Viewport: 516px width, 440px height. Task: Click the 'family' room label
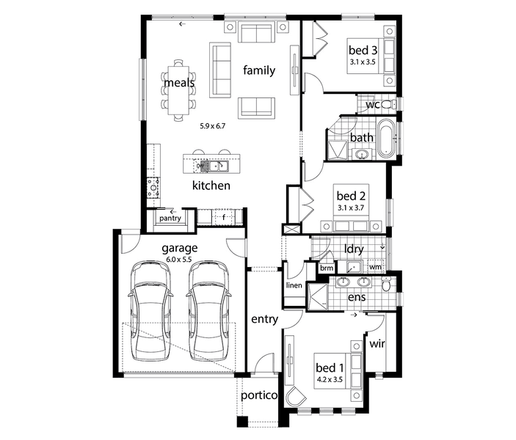[x=259, y=70]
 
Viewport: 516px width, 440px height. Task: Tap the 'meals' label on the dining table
[x=179, y=83]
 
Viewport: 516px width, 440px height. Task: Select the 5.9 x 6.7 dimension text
[x=213, y=126]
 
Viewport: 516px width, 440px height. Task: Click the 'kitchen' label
[x=211, y=186]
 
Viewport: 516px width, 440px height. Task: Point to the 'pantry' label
[x=170, y=219]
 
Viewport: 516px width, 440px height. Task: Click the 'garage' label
[x=180, y=249]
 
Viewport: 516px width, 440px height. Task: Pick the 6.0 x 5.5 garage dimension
[x=178, y=260]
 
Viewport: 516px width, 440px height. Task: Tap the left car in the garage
[x=150, y=311]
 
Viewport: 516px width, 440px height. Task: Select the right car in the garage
[x=208, y=311]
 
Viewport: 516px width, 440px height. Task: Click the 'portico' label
[x=259, y=395]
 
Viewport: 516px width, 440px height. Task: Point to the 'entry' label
[x=264, y=319]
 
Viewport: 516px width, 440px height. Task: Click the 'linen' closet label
[x=294, y=285]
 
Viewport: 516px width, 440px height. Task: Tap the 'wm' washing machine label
[x=375, y=267]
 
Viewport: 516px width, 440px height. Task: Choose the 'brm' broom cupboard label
[x=327, y=268]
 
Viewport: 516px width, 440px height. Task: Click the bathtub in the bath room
[x=385, y=139]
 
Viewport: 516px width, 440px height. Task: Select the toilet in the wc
[x=388, y=105]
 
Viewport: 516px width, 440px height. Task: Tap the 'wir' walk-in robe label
[x=377, y=344]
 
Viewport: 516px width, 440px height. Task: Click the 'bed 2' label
[x=351, y=196]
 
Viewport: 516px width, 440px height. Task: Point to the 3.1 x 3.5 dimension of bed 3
[x=363, y=62]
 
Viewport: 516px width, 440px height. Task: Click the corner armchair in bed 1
[x=296, y=397]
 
